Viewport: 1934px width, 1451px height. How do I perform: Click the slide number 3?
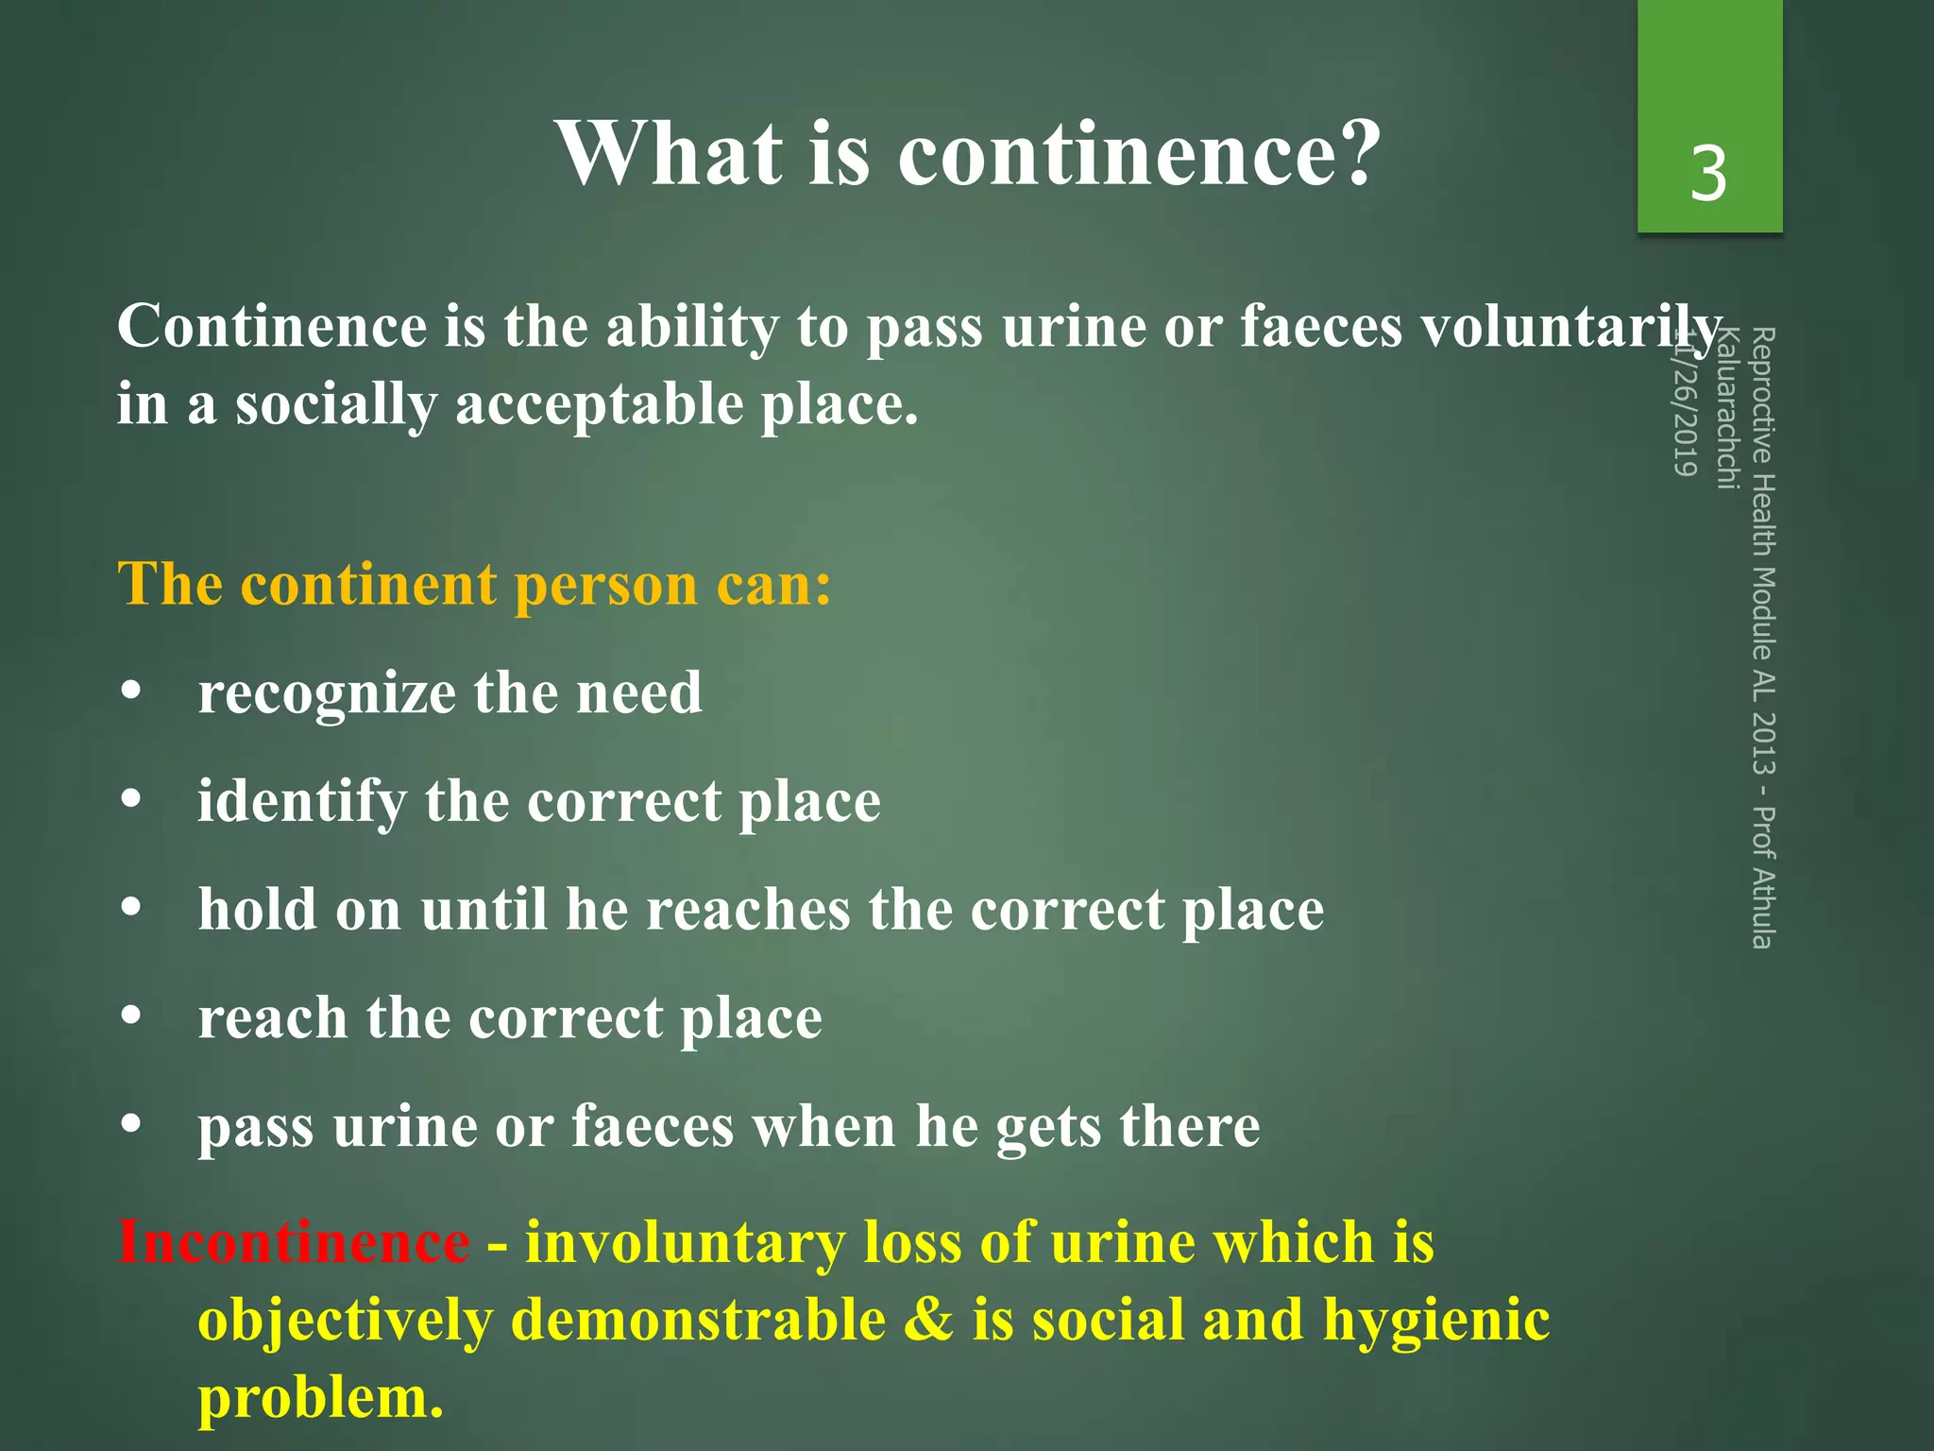[1708, 174]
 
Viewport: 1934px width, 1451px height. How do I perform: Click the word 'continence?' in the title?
[1139, 154]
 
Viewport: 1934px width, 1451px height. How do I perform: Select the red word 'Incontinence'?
[294, 1242]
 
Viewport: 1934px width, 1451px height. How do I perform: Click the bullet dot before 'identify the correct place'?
[132, 800]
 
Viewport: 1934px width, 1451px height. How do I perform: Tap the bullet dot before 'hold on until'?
[132, 909]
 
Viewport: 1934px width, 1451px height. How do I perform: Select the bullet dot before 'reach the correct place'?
[132, 1016]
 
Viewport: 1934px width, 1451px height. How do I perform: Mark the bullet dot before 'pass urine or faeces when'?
[132, 1125]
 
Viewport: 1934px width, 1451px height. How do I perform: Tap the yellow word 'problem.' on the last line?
[320, 1399]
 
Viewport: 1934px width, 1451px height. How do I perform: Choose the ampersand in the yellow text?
[929, 1320]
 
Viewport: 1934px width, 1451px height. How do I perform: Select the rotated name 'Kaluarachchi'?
[1726, 409]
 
